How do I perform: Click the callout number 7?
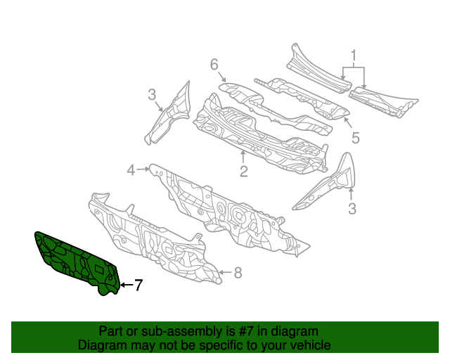139,285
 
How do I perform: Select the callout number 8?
238,272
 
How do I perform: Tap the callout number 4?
131,169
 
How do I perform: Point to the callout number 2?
243,171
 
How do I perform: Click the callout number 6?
214,65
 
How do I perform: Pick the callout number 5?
356,138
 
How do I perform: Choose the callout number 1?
354,55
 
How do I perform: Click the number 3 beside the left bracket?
151,95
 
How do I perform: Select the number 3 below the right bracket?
352,208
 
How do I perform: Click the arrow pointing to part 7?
126,285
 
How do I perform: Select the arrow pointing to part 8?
226,272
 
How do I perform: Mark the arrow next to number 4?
143,169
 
